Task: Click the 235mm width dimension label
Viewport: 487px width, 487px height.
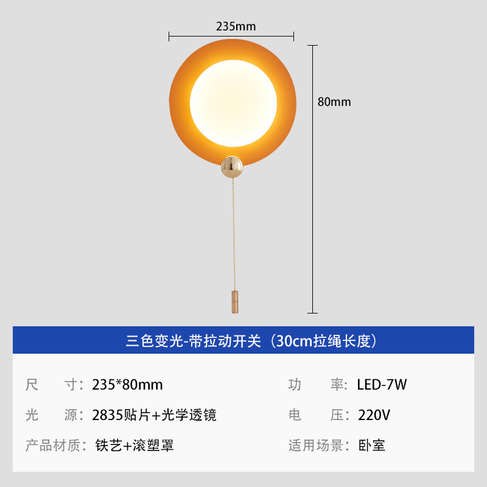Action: pos(236,26)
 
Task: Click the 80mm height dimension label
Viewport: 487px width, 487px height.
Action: pos(334,102)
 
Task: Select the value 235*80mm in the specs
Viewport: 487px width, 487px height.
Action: pos(127,385)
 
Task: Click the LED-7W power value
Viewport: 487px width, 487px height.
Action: pos(382,385)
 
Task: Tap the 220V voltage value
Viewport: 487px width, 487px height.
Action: pos(374,415)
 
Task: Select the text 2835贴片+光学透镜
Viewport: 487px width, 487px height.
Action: pos(154,415)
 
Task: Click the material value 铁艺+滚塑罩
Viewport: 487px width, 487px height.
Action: pos(135,446)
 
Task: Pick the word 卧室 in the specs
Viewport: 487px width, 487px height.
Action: pos(371,446)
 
